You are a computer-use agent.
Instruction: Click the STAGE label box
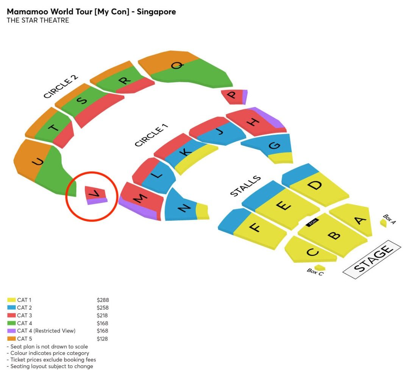point(372,259)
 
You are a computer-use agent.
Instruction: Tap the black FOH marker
point(312,222)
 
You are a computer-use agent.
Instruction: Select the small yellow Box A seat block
point(383,223)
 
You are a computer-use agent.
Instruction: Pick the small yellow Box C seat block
point(320,268)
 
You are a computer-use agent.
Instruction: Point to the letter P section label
point(232,95)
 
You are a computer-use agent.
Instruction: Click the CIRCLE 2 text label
point(61,87)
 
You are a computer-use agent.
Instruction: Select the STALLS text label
point(245,185)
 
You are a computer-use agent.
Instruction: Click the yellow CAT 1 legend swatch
point(11,300)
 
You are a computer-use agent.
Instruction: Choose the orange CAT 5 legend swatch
point(11,338)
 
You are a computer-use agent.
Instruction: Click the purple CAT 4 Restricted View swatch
point(11,331)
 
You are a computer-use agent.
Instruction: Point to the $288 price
point(103,300)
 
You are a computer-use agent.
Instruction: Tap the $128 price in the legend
point(102,338)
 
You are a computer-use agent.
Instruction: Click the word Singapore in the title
point(156,12)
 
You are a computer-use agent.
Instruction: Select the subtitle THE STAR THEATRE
point(38,20)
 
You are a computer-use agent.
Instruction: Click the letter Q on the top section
point(177,65)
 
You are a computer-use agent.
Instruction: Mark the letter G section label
point(275,145)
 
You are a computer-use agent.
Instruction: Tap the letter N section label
point(184,208)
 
